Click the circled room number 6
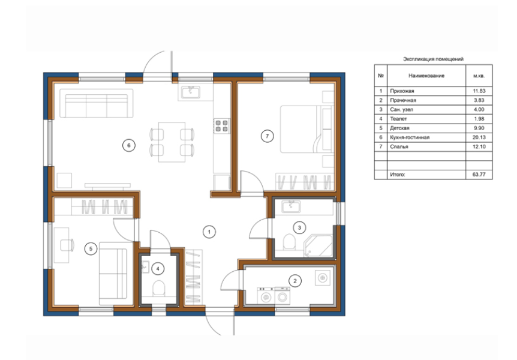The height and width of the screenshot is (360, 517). click(x=128, y=145)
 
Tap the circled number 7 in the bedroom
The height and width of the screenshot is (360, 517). click(x=267, y=136)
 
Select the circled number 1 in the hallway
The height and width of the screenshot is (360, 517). click(x=209, y=232)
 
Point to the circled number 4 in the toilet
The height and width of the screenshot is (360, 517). click(x=158, y=269)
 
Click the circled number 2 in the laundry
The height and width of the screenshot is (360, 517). click(x=294, y=281)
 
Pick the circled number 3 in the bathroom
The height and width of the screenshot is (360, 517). click(x=299, y=227)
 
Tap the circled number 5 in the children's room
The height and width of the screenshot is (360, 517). click(x=91, y=248)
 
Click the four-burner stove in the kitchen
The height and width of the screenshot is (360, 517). click(x=221, y=126)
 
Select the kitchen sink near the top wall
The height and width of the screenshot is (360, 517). click(x=190, y=92)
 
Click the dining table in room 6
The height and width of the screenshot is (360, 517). click(x=172, y=142)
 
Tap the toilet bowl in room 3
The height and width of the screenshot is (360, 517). click(x=289, y=242)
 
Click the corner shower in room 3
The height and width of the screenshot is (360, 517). click(x=318, y=246)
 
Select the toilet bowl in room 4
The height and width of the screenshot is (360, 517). click(x=158, y=288)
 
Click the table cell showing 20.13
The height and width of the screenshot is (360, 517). click(x=479, y=137)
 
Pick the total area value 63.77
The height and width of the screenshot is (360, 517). click(x=479, y=174)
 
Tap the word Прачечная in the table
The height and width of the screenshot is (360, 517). click(x=403, y=100)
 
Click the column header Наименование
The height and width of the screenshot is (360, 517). click(x=426, y=76)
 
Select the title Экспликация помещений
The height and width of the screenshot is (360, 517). click(x=433, y=59)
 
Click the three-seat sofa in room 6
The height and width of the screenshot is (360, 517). click(x=97, y=103)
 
